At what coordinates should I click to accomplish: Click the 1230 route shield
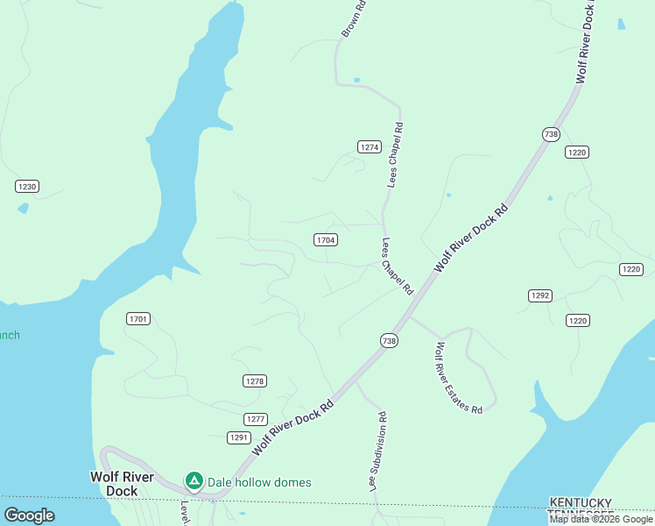(x=27, y=187)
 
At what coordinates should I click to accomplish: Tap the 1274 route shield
(x=370, y=147)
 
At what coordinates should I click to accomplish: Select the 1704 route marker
(x=326, y=239)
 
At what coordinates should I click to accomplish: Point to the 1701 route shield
(x=138, y=318)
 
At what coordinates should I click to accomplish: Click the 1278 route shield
(x=254, y=381)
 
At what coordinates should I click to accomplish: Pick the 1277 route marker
(x=255, y=419)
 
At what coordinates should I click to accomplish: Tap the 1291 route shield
(x=239, y=437)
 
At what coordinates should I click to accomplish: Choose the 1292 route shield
(x=539, y=295)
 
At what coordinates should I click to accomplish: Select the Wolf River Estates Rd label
(x=455, y=378)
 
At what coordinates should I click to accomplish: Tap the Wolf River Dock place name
(x=123, y=484)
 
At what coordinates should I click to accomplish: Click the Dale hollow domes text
(x=259, y=482)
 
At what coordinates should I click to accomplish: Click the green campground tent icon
(x=194, y=481)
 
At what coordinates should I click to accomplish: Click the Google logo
(x=29, y=515)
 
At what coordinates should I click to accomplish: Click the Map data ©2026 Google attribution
(x=601, y=519)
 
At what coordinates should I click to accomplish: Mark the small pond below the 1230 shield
(x=23, y=209)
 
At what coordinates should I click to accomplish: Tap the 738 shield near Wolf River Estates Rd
(x=390, y=340)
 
